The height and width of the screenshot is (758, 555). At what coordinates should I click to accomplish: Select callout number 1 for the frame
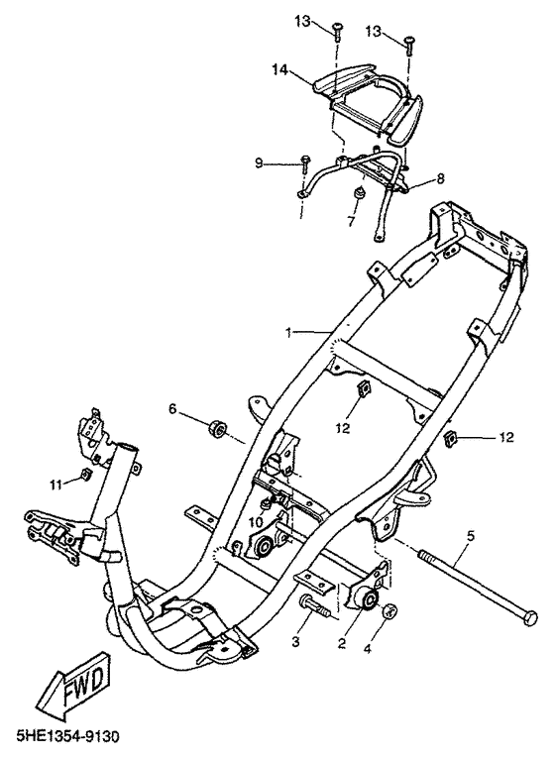click(x=288, y=333)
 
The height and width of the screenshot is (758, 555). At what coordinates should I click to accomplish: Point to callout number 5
click(x=471, y=535)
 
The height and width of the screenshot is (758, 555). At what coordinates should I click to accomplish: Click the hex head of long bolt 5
click(x=530, y=618)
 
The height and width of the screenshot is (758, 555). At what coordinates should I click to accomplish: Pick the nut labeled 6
click(x=217, y=428)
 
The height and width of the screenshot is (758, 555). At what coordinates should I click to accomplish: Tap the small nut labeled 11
click(x=85, y=475)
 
